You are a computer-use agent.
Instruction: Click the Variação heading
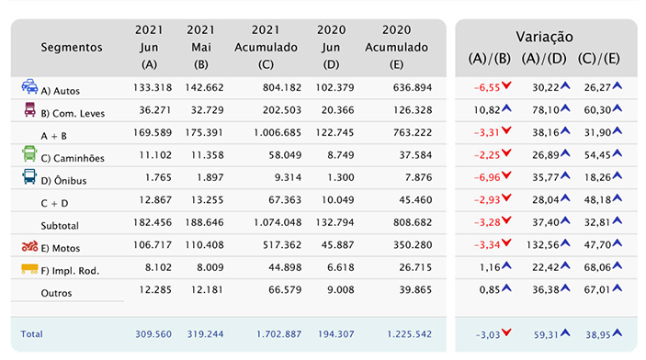pyautogui.click(x=544, y=37)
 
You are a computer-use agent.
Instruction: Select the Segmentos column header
pyautogui.click(x=72, y=48)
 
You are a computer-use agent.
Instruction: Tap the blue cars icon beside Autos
pyautogui.click(x=29, y=86)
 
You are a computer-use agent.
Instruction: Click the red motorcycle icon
pyautogui.click(x=29, y=246)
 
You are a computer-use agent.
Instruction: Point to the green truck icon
pyautogui.click(x=29, y=153)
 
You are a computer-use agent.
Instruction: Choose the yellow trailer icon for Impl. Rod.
pyautogui.click(x=29, y=269)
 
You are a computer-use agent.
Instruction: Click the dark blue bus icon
pyautogui.click(x=29, y=176)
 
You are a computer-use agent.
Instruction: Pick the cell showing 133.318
pyautogui.click(x=153, y=87)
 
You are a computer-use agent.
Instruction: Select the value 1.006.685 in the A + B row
pyautogui.click(x=278, y=132)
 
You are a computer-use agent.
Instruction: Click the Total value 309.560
pyautogui.click(x=153, y=334)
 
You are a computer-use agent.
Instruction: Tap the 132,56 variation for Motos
pyautogui.click(x=542, y=245)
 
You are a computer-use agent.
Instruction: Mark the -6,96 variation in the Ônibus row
pyautogui.click(x=486, y=177)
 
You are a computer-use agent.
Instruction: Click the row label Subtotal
pyautogui.click(x=60, y=226)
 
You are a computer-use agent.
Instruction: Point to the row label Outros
pyautogui.click(x=56, y=293)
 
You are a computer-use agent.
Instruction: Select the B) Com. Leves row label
pyautogui.click(x=73, y=113)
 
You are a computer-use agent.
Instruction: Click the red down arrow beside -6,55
pyautogui.click(x=506, y=85)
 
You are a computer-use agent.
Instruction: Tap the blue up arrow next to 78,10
pyautogui.click(x=565, y=108)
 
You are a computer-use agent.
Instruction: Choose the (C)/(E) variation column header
pyautogui.click(x=598, y=59)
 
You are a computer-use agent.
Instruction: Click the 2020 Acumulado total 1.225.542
pyautogui.click(x=409, y=334)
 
